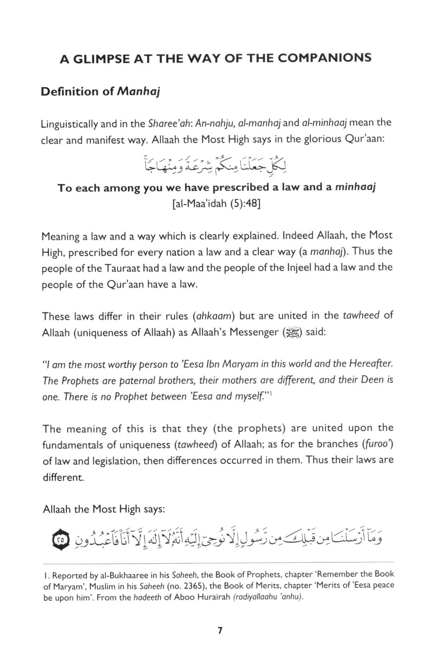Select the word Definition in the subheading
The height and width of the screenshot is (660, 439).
pyautogui.click(x=70, y=92)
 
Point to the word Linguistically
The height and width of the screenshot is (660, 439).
pyautogui.click(x=69, y=124)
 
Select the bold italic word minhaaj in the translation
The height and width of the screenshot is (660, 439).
pyautogui.click(x=355, y=187)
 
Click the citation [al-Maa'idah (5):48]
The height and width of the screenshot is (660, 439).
pyautogui.click(x=216, y=204)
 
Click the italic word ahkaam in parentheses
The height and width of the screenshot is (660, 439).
pyautogui.click(x=215, y=316)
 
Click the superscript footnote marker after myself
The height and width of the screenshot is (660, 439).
pyautogui.click(x=270, y=394)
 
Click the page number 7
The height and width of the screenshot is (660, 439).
pyautogui.click(x=219, y=631)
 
